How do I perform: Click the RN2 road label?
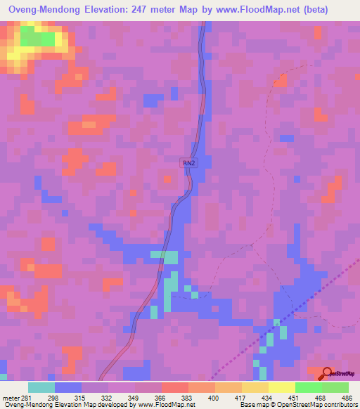(x=188, y=163)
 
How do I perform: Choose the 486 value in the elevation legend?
(x=346, y=397)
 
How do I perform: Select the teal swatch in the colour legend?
(x=41, y=387)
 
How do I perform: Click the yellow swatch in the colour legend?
(x=255, y=387)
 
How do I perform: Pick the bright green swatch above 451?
(x=308, y=387)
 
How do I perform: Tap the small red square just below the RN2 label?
(x=167, y=179)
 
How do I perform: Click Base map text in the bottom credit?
(x=252, y=405)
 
